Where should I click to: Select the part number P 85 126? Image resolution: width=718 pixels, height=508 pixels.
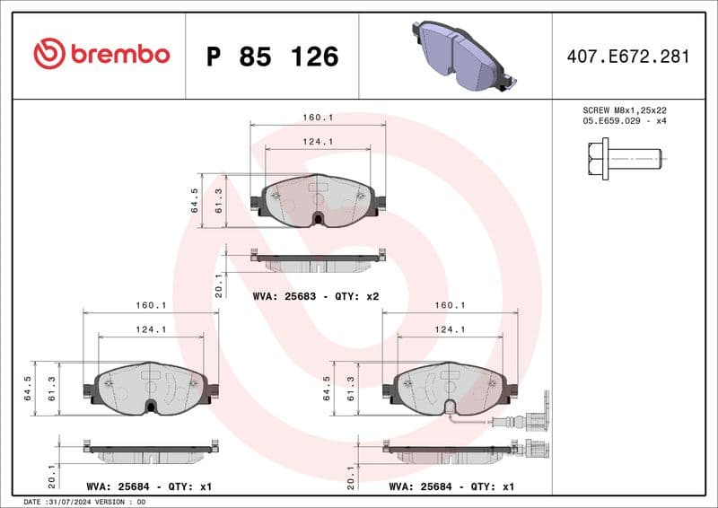[x=272, y=57]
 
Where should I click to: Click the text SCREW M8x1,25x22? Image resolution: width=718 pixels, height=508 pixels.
[x=625, y=109]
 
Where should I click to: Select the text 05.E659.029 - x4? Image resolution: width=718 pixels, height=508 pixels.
[x=625, y=120]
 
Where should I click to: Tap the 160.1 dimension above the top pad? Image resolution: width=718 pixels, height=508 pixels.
[x=318, y=118]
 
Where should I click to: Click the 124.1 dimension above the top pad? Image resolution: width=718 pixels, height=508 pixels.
[x=318, y=141]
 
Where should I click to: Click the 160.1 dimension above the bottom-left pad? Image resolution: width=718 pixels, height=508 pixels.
[x=151, y=304]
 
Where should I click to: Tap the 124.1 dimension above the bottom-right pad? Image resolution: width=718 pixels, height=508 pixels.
[x=450, y=329]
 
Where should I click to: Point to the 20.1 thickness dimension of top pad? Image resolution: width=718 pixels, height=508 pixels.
[x=218, y=285]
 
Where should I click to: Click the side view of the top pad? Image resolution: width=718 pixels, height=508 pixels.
[x=318, y=262]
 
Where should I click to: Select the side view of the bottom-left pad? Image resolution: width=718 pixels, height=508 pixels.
[x=151, y=451]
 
